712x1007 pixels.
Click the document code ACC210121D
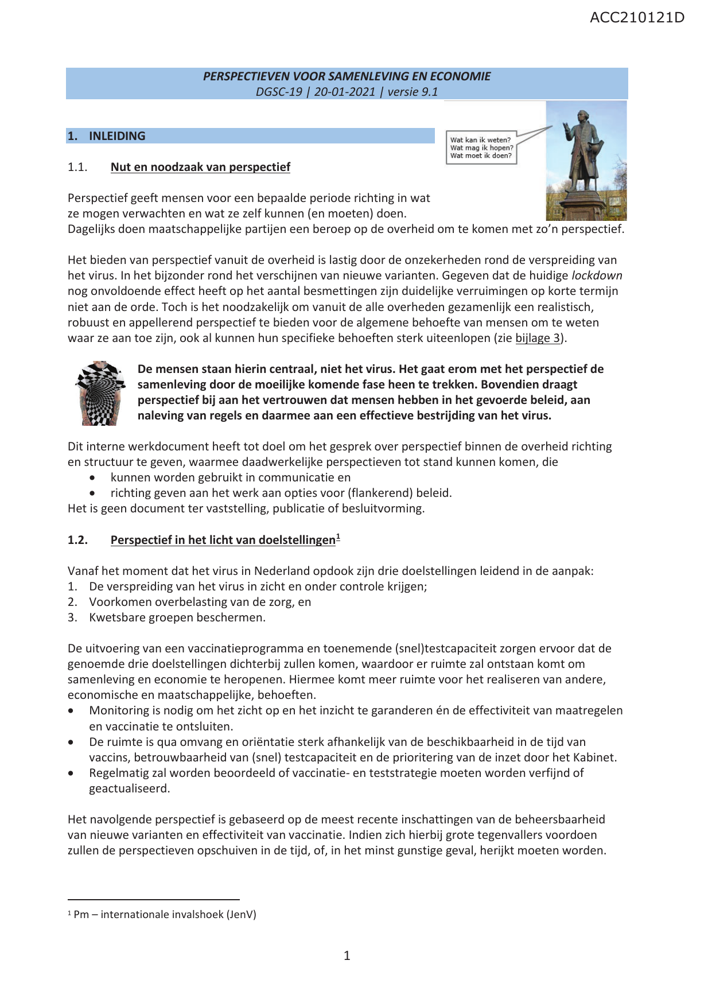(637, 17)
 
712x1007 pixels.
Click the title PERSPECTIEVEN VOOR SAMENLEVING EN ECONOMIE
(347, 76)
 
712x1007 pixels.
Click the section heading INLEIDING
(117, 136)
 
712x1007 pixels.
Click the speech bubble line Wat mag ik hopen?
(481, 147)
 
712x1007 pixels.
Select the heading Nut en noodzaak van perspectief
(200, 167)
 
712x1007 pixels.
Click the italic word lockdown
(597, 275)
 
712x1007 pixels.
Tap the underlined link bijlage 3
(538, 338)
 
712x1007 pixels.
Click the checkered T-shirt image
(100, 393)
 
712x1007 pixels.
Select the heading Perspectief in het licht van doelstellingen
(223, 540)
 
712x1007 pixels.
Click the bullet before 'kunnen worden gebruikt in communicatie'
(92, 478)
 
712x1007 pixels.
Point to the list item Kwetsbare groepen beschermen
(177, 617)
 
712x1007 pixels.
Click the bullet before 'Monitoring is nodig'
(71, 711)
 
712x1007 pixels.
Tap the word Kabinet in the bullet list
(595, 757)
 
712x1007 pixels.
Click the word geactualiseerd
(129, 788)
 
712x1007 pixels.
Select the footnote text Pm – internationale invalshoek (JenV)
(165, 914)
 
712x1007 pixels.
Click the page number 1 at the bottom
(347, 955)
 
